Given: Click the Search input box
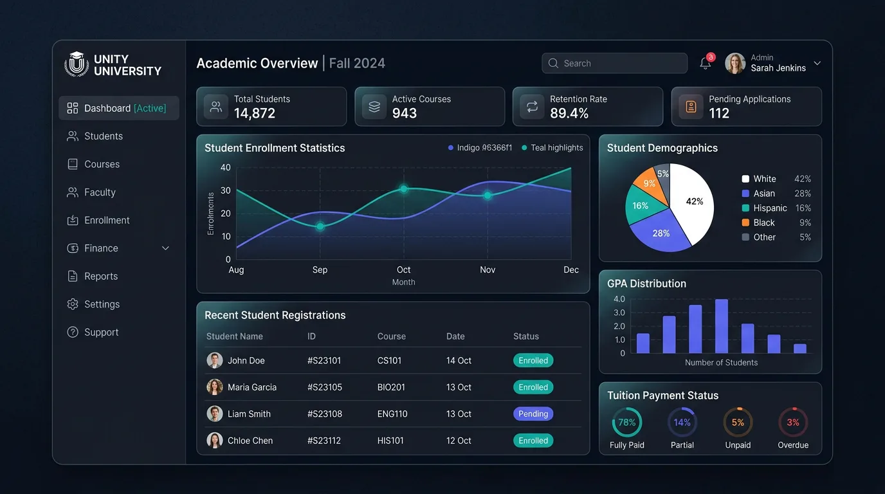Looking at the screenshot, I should [x=614, y=63].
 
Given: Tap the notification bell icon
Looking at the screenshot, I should [x=705, y=64].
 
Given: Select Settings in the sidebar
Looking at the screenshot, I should [x=102, y=304].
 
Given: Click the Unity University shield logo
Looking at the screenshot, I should [x=77, y=64].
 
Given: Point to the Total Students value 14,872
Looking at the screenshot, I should [x=254, y=114].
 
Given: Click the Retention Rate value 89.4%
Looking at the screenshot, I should [x=569, y=114].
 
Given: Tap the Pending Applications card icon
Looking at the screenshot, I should [x=691, y=107].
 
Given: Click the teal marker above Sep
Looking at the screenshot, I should [x=320, y=226].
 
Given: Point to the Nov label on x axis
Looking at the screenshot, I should [x=488, y=270].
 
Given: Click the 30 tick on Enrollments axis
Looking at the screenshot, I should [x=225, y=190].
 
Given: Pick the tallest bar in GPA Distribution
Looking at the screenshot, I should [x=721, y=326].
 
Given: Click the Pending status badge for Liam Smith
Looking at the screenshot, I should [x=533, y=414].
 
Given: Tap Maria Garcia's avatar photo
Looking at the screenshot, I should [x=215, y=387].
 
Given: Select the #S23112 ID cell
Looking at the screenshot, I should [x=324, y=441].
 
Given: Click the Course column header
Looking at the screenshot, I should [x=391, y=336].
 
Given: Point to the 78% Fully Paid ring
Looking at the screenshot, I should [x=626, y=423].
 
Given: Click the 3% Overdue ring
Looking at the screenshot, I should [x=793, y=423].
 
